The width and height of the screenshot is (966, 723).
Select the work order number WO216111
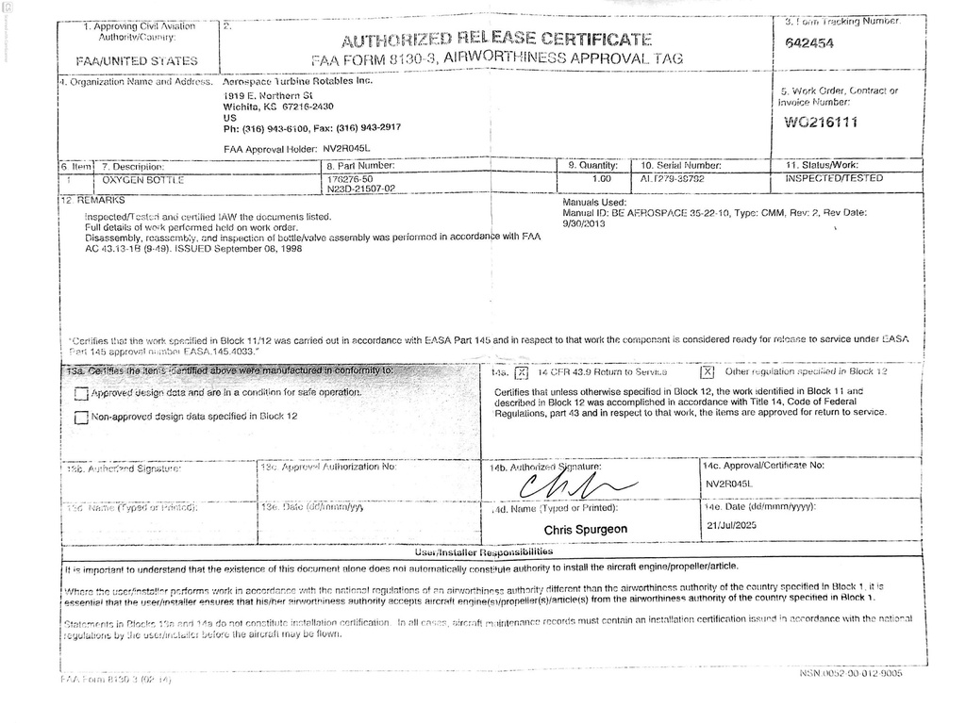(x=820, y=123)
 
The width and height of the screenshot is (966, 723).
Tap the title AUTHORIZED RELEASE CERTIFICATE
(x=496, y=40)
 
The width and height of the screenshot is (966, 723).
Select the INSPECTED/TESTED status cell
(x=834, y=178)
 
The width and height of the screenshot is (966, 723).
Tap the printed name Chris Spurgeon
(x=585, y=530)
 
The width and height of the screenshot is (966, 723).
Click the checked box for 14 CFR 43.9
(x=520, y=373)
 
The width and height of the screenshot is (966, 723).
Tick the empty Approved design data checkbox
(x=81, y=394)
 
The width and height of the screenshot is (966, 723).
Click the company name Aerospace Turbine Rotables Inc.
(x=297, y=81)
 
